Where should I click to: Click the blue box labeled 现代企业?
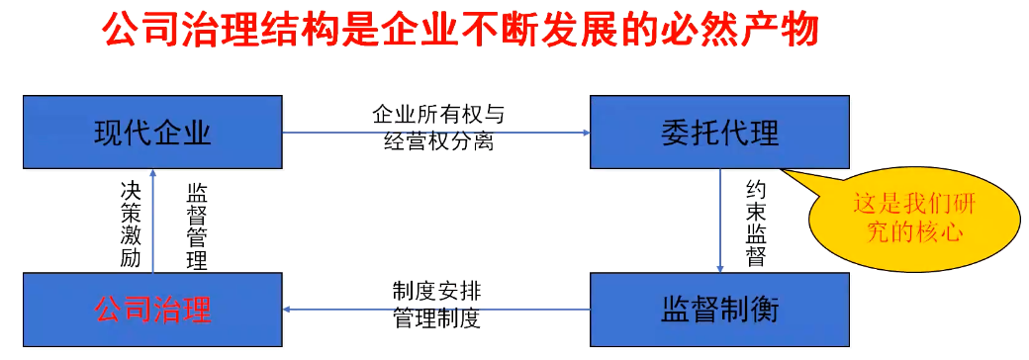pyautogui.click(x=152, y=133)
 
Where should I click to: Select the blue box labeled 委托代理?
pyautogui.click(x=719, y=133)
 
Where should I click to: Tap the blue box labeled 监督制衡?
pyautogui.click(x=719, y=310)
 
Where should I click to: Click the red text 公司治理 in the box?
pyautogui.click(x=152, y=311)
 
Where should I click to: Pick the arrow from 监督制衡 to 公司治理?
pyautogui.click(x=435, y=310)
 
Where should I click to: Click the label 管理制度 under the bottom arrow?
pyautogui.click(x=436, y=320)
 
